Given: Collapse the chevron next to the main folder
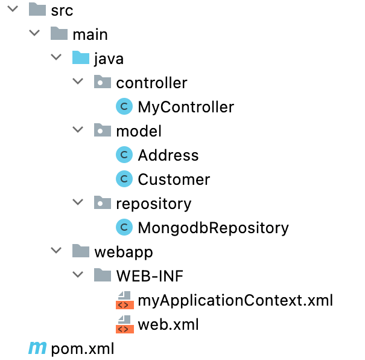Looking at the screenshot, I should [34, 34].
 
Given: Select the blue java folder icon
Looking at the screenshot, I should [80, 58].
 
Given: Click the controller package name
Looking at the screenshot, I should [151, 83].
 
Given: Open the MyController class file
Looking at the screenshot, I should [185, 107].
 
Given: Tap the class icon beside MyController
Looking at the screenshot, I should [124, 107].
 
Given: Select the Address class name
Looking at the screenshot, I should [168, 155].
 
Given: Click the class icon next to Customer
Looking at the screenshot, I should [124, 179].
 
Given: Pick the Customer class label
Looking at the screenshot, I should [174, 179].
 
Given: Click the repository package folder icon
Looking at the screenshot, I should [102, 204].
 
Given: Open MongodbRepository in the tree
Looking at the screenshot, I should [213, 228].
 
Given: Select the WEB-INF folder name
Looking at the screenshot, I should [149, 276].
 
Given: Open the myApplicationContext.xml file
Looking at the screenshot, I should [235, 300].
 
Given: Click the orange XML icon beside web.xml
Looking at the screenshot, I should [124, 324].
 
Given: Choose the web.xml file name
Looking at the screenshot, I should [168, 324].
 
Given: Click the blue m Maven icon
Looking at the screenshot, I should [37, 349].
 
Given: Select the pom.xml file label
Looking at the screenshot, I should [83, 349].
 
